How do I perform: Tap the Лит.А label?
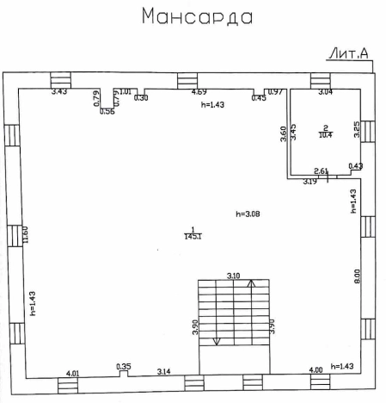point(348,54)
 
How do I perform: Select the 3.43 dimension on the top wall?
point(59,91)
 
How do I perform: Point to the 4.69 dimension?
point(199,91)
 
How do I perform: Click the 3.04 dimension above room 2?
point(326,91)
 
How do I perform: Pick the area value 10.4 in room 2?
point(326,133)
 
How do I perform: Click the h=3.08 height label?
point(248,213)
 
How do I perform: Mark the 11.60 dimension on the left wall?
point(27,234)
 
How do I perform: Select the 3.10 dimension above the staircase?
point(233,276)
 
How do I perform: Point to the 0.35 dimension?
point(124,368)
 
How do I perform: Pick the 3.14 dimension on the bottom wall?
point(163,372)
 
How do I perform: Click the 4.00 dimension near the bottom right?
point(316,370)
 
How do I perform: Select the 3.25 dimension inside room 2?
point(357,130)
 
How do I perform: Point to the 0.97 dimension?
point(275,91)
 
